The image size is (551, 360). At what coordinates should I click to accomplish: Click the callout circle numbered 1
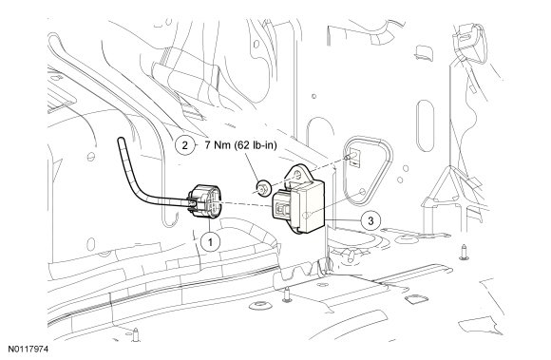(x=210, y=241)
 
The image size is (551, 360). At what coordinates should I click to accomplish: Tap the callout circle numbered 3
(x=370, y=220)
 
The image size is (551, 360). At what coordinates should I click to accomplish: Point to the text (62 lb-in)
(x=256, y=144)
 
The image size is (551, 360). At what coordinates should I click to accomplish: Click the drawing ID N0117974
(x=28, y=350)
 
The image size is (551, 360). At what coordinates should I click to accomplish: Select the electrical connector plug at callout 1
(x=204, y=201)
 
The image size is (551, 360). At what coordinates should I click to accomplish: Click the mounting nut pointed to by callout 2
(x=263, y=188)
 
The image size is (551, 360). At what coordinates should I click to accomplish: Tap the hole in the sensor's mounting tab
(x=297, y=175)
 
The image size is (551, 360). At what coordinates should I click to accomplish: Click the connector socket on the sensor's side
(x=283, y=208)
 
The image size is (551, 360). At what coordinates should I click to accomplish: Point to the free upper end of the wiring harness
(x=121, y=141)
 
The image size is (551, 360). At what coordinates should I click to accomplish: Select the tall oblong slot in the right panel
(x=426, y=125)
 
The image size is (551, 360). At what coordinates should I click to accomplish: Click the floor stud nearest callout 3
(x=350, y=256)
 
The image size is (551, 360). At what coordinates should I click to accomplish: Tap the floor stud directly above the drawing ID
(x=135, y=334)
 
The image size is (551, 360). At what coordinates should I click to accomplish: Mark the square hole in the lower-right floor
(x=417, y=299)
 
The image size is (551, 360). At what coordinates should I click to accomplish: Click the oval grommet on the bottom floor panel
(x=260, y=305)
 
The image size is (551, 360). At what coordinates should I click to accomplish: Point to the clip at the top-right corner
(x=470, y=42)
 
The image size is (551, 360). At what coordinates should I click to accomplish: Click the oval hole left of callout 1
(x=90, y=244)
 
